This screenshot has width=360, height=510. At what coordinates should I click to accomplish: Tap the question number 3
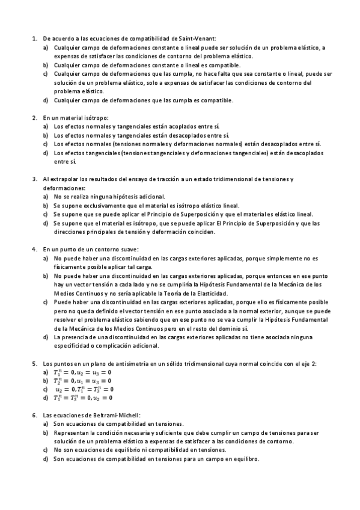click(33, 179)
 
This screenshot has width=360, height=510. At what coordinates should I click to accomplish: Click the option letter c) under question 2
click(46, 144)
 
